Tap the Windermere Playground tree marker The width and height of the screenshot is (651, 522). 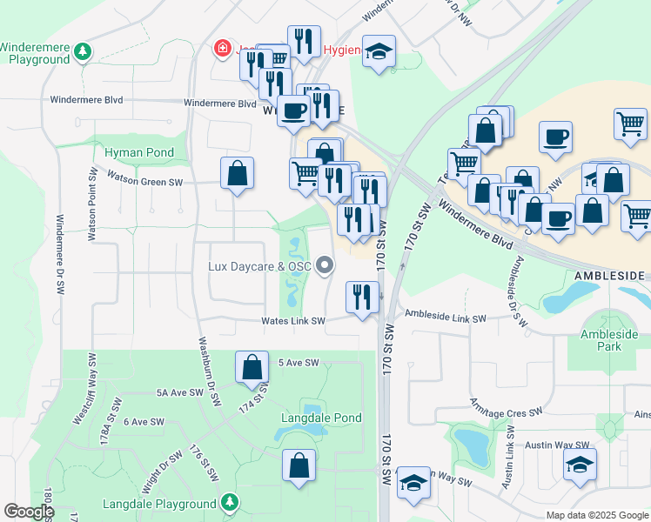(83, 52)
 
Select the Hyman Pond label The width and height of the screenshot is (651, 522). (139, 152)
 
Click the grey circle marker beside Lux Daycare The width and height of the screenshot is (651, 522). (325, 265)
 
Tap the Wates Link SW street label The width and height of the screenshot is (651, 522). (293, 321)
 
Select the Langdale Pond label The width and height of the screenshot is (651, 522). (321, 418)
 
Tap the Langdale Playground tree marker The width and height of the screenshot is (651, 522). (229, 502)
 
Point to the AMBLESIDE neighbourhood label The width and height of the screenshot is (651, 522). (609, 275)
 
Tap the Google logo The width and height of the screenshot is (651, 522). (28, 512)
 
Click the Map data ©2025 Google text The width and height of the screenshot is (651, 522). (596, 515)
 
